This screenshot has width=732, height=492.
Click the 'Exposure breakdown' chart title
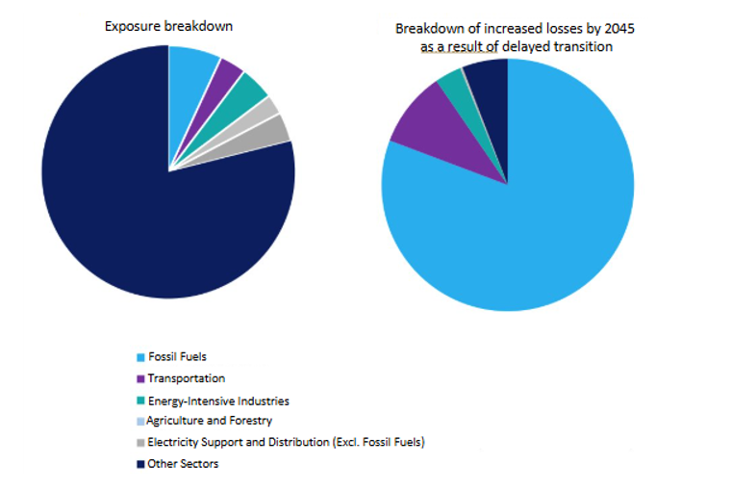point(168,26)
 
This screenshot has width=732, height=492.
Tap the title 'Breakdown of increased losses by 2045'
point(515,29)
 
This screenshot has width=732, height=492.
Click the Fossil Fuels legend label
point(177,356)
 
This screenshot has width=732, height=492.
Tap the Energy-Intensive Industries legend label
point(217,401)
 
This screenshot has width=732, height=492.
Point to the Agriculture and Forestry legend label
point(209,421)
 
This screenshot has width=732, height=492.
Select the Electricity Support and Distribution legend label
point(285,442)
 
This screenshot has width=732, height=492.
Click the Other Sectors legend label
point(182,464)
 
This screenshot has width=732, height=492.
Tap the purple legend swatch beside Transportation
point(140,378)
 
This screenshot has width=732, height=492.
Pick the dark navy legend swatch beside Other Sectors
point(140,464)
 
